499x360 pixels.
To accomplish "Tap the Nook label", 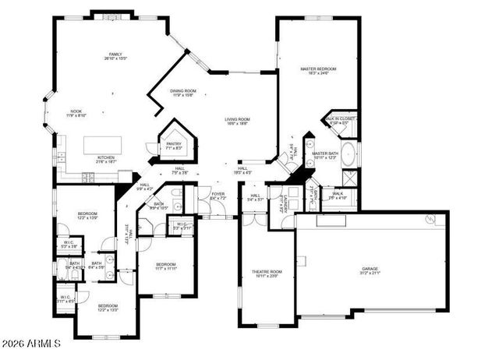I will pos(76,114).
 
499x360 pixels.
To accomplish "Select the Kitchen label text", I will pos(106,159).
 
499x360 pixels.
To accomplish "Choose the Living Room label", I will pos(238,121).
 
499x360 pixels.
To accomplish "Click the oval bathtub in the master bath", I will pos(349,154).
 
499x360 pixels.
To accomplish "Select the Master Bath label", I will pos(324,156).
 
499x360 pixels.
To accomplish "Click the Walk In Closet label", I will pos(342,121).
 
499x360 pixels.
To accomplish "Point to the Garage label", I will pos(369,270).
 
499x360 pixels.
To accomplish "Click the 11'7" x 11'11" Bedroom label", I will pos(165,266).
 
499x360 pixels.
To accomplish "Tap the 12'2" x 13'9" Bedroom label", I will pos(87,216).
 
